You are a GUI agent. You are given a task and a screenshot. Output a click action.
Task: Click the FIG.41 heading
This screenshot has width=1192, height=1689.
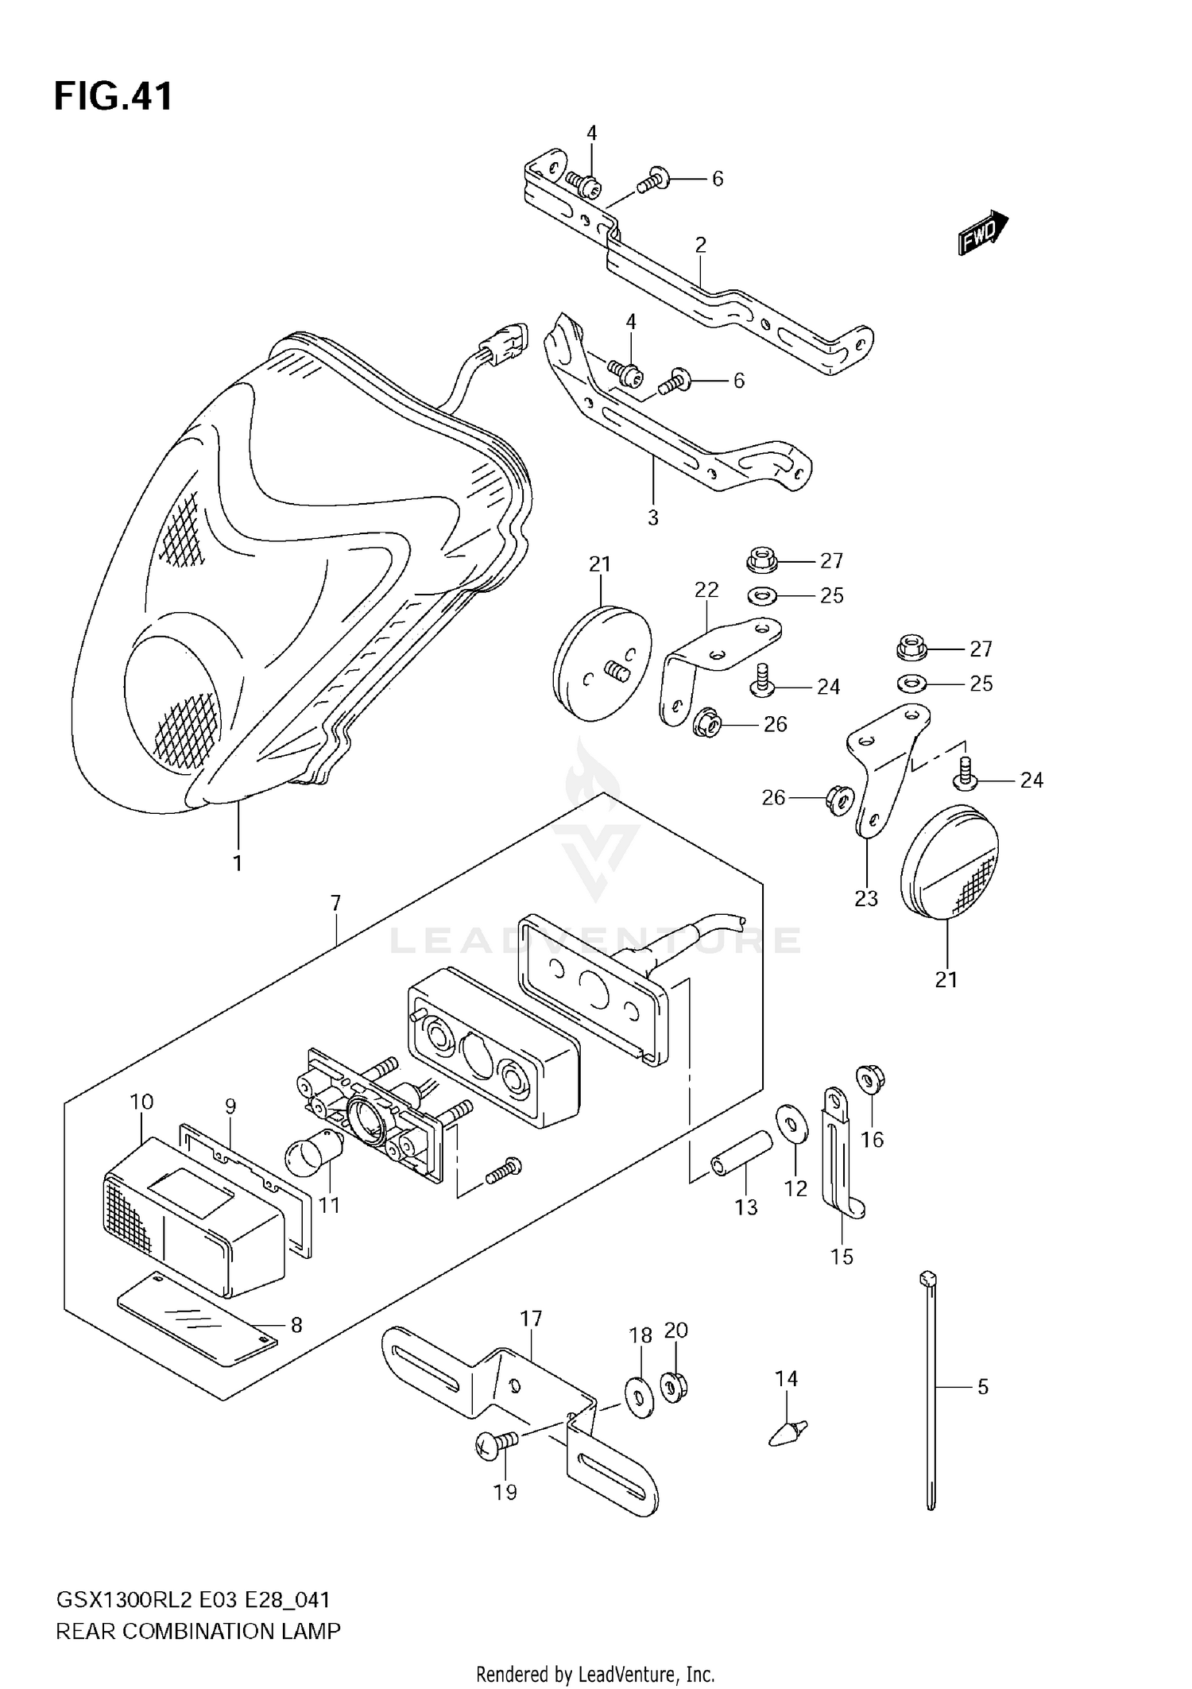113,97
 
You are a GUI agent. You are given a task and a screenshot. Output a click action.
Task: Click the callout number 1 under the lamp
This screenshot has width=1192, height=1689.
238,862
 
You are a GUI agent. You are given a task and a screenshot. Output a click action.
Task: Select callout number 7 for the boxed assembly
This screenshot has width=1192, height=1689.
335,903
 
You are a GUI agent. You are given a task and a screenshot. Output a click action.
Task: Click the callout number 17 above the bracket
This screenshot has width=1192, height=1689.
531,1319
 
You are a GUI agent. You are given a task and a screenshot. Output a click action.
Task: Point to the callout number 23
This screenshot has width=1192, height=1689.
866,898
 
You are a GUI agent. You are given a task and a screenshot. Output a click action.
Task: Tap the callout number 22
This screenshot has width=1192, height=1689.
706,589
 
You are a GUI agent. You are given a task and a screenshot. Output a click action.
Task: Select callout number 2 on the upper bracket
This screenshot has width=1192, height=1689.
700,245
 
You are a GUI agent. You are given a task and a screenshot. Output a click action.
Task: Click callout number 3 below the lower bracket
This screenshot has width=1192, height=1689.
652,518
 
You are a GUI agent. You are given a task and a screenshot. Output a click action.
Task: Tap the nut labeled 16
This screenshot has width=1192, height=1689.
871,1079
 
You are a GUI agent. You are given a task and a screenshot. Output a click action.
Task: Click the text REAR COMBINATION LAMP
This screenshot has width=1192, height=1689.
198,1631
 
